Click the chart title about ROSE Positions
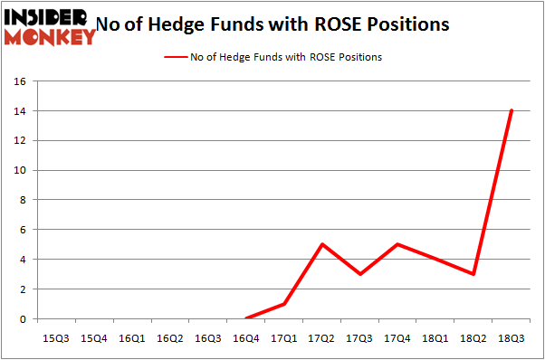click(x=272, y=24)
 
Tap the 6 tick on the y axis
click(x=21, y=230)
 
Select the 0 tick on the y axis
click(x=21, y=319)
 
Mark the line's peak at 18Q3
click(x=512, y=110)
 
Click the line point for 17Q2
click(x=323, y=244)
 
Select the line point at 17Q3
click(x=361, y=274)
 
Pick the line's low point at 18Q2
click(x=474, y=274)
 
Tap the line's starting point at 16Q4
click(x=246, y=318)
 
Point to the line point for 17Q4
click(x=399, y=244)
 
